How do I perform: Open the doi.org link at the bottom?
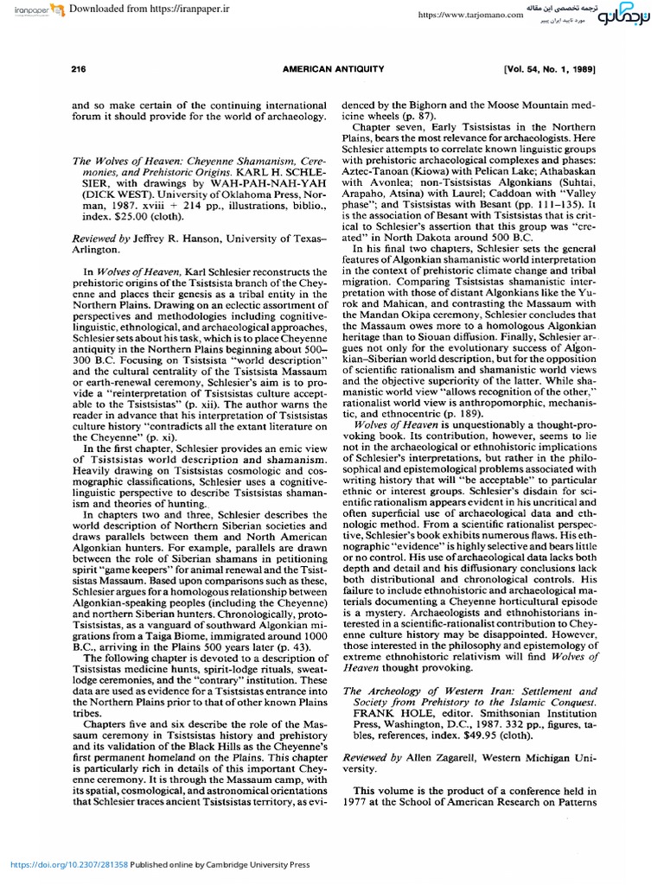click(x=68, y=863)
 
